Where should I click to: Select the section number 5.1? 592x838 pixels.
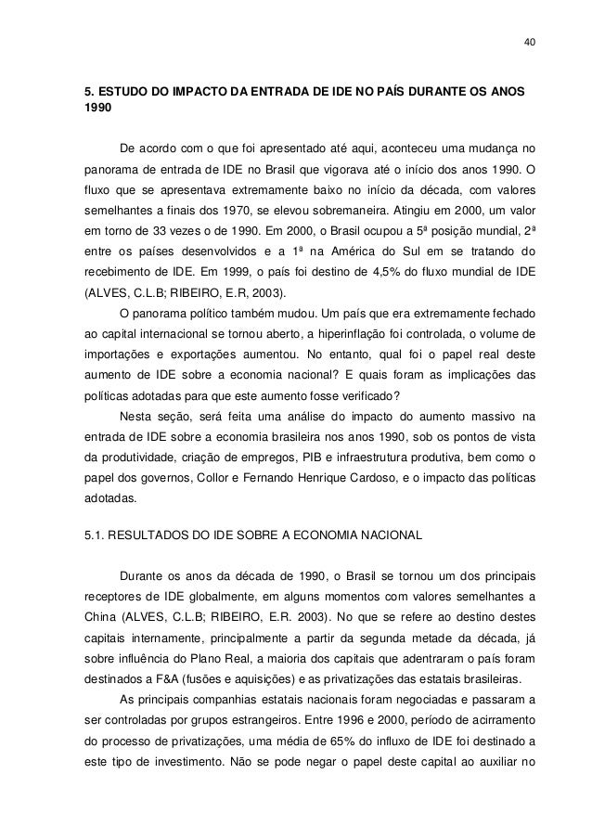click(97, 535)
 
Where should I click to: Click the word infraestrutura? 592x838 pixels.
click(388, 454)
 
